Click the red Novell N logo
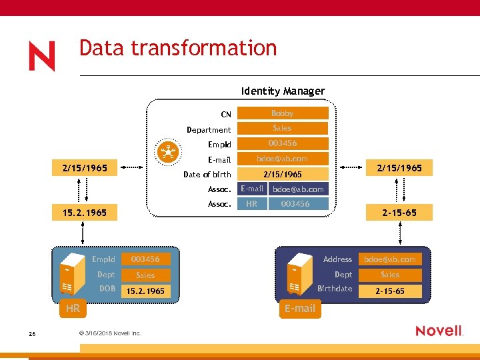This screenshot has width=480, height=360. click(x=41, y=57)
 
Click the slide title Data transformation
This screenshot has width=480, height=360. click(x=177, y=48)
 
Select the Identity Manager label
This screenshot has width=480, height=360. click(x=283, y=91)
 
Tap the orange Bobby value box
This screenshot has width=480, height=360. click(x=282, y=113)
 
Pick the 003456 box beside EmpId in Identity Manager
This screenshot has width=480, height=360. click(x=282, y=143)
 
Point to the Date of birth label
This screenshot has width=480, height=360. click(x=207, y=175)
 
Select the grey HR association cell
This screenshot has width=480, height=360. click(x=252, y=204)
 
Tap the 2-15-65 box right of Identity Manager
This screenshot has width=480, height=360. click(x=399, y=213)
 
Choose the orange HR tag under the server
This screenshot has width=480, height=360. click(x=73, y=309)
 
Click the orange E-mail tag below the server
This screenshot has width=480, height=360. click(x=300, y=309)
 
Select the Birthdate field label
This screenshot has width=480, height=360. click(x=335, y=289)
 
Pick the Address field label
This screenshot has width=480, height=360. click(x=337, y=259)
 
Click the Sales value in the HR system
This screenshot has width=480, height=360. click(x=145, y=275)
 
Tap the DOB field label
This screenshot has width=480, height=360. click(x=107, y=289)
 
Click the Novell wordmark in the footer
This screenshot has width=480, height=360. click(x=439, y=331)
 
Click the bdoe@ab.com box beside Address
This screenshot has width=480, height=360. click(x=390, y=259)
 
